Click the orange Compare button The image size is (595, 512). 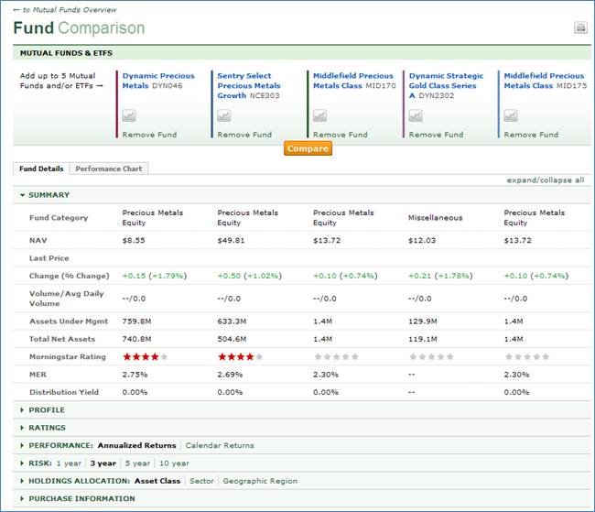[x=308, y=148]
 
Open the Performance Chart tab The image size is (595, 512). [x=108, y=169]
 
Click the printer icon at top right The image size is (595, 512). [x=580, y=27]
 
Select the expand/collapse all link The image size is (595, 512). [x=545, y=180]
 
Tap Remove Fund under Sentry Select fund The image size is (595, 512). [x=244, y=135]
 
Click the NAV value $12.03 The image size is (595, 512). [x=423, y=239]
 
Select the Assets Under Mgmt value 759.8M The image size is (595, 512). [x=136, y=322]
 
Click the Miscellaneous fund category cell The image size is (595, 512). [x=435, y=218]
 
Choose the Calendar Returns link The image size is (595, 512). [x=220, y=445]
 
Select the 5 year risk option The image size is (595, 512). [x=137, y=463]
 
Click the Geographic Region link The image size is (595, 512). [x=260, y=481]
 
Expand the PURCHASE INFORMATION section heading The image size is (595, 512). [x=81, y=498]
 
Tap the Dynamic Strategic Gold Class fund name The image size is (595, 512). [x=446, y=85]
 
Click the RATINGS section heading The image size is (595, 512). [x=47, y=428]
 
